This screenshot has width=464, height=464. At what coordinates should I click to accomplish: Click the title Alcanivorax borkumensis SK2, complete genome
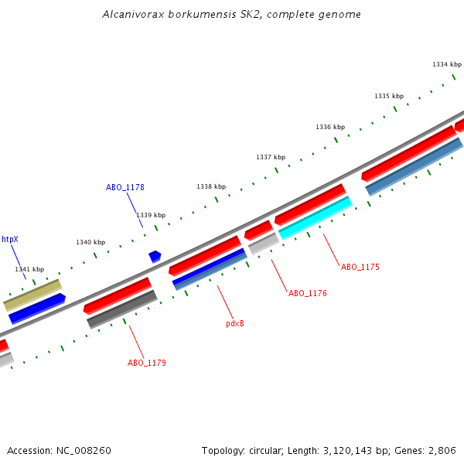[x=232, y=15]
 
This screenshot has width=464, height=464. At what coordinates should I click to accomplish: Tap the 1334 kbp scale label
[x=446, y=65]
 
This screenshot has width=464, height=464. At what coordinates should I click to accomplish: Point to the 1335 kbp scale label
[x=389, y=97]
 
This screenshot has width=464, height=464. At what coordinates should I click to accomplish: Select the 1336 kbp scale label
[x=330, y=127]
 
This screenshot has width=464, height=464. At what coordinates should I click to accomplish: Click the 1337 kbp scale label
[x=271, y=157]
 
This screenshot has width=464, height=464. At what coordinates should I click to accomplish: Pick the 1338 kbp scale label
[x=211, y=186]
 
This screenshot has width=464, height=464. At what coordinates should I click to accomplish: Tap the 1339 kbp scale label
[x=151, y=215]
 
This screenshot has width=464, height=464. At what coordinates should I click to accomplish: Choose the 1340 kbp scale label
[x=90, y=242]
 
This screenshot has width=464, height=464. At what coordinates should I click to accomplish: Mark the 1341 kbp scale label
[x=29, y=269]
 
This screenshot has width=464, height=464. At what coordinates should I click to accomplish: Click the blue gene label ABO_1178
[x=125, y=187]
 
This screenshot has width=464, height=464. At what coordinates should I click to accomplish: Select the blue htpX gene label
[x=10, y=240]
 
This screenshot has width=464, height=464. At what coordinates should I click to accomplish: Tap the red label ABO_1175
[x=360, y=267]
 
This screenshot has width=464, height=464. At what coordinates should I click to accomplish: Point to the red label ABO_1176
[x=308, y=294]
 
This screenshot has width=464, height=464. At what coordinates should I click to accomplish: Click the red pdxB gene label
[x=235, y=323]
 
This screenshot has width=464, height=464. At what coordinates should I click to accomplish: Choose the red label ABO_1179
[x=147, y=363]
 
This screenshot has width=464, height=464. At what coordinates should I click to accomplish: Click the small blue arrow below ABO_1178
[x=155, y=256]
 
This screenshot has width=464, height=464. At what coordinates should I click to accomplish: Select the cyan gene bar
[x=316, y=218]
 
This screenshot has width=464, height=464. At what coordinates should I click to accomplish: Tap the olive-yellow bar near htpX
[x=32, y=295]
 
